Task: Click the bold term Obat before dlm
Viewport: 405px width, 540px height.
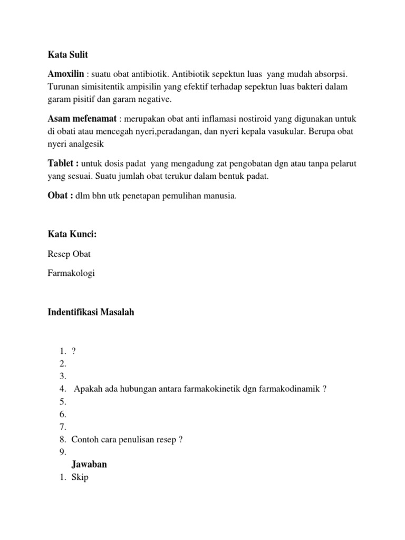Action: [59, 196]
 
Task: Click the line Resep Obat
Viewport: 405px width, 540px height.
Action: [69, 254]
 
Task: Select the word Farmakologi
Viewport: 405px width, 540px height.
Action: [71, 273]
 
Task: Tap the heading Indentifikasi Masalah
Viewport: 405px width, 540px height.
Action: [91, 312]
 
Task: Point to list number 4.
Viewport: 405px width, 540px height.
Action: [62, 389]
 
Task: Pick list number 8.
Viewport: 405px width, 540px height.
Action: [62, 439]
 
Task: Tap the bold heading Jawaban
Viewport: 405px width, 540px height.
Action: [89, 465]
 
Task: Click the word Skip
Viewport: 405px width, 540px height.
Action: [80, 478]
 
